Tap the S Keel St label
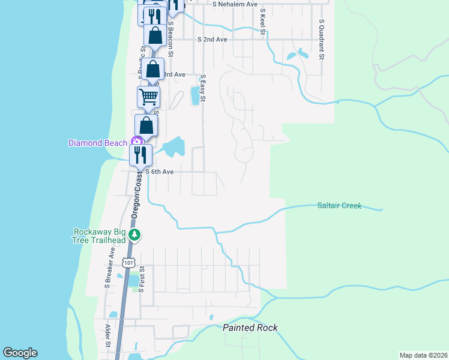262,22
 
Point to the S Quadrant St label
322,40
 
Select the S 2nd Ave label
212,39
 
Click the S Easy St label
203,88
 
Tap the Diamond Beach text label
97,143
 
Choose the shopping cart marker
148,96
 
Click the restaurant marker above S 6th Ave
140,155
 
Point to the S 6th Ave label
160,172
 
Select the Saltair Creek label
339,206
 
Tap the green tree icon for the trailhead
134,235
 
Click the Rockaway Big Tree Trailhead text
99,236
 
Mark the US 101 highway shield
128,262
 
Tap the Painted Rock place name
250,328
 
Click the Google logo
20,353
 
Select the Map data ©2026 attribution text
423,355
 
